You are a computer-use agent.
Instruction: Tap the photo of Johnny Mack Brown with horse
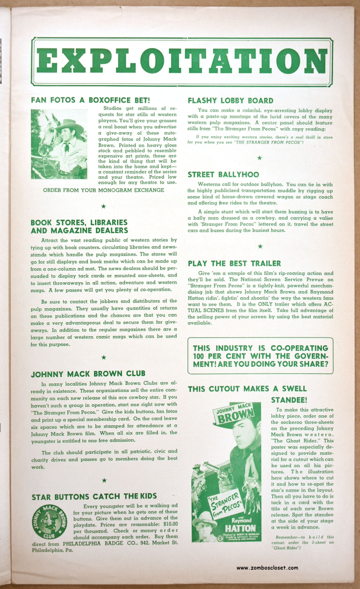[59, 144]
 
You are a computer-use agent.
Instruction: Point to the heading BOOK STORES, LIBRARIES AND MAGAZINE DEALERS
[79, 226]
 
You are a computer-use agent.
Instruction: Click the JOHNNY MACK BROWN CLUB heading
[88, 373]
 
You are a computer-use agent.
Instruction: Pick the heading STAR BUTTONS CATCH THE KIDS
[94, 496]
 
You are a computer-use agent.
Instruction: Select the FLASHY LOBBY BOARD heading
[230, 101]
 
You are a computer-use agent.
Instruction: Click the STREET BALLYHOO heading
[223, 175]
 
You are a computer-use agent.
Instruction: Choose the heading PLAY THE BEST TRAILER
[234, 263]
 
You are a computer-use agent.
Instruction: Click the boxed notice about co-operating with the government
[260, 355]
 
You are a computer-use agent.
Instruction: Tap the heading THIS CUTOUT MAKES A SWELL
[247, 389]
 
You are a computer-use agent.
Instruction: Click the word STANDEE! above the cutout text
[289, 400]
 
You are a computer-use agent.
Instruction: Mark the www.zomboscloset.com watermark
[267, 567]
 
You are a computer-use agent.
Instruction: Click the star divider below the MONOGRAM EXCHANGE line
[103, 206]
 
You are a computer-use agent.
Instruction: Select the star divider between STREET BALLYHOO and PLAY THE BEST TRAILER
[260, 247]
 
